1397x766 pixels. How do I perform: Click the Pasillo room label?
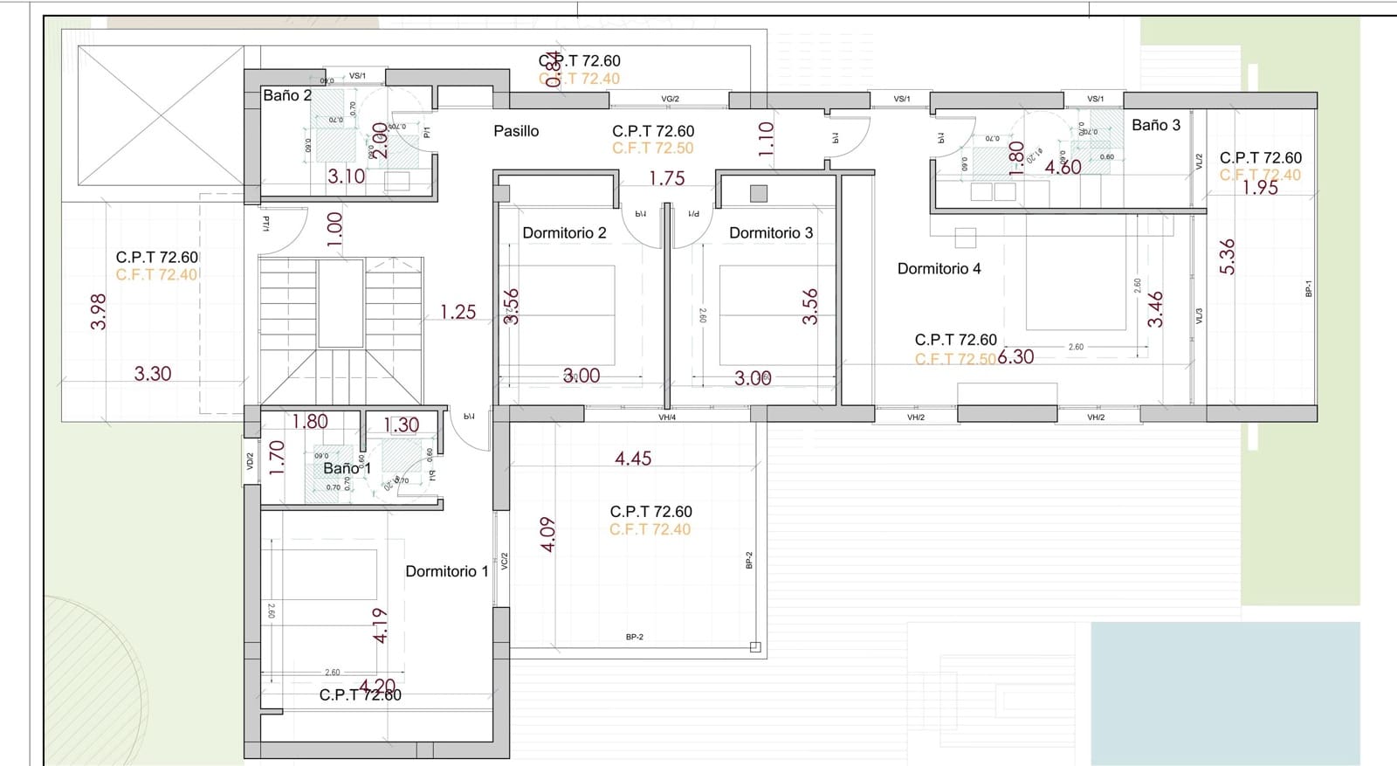[516, 131]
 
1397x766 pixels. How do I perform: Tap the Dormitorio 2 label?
[564, 233]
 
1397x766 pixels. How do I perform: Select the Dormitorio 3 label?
[771, 233]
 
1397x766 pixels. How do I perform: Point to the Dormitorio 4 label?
[939, 269]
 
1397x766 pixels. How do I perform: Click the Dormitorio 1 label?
[446, 571]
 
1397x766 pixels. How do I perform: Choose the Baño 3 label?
[1155, 126]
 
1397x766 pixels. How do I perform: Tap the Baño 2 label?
[287, 96]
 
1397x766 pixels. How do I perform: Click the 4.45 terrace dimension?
[633, 459]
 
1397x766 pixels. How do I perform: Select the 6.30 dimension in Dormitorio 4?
[1015, 356]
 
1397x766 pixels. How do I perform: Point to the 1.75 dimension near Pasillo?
[666, 178]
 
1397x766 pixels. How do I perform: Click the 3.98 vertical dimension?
[99, 311]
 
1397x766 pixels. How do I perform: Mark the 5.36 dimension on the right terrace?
[1228, 257]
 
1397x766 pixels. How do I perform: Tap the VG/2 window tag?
[670, 100]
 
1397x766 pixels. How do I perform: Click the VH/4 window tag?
[667, 418]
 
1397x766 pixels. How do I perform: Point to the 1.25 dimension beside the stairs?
[458, 312]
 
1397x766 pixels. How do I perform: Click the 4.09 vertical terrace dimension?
[547, 534]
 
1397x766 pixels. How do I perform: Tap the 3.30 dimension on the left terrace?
[153, 374]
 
